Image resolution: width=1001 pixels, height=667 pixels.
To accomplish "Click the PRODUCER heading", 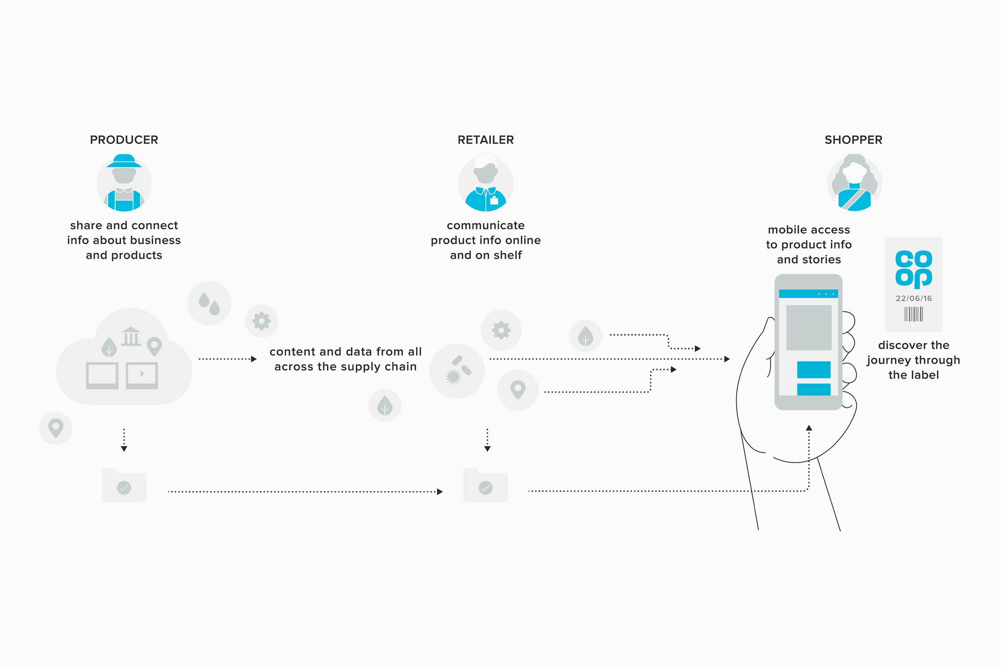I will click(x=124, y=140).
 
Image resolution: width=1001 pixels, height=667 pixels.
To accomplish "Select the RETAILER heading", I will click(x=485, y=140).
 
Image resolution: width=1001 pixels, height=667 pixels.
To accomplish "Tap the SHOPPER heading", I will click(x=853, y=140).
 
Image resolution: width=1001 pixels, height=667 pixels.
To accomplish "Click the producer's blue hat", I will click(x=124, y=161).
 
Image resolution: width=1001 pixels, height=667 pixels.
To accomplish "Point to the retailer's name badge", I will click(x=494, y=200).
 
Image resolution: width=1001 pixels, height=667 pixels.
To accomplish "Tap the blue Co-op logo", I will click(x=913, y=269).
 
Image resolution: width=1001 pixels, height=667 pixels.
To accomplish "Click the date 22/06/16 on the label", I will click(x=913, y=298).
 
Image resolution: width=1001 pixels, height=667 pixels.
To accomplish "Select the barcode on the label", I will click(x=913, y=314).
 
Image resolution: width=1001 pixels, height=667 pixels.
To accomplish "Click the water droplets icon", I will click(x=209, y=303).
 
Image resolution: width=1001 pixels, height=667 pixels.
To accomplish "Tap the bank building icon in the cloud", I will click(x=131, y=337).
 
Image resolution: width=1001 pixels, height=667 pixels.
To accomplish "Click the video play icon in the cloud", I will click(x=142, y=375).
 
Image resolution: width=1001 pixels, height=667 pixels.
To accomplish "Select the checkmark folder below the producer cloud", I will click(x=124, y=485).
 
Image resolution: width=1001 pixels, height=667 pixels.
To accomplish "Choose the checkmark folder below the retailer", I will click(x=485, y=485).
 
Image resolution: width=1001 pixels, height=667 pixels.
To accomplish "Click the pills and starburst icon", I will click(x=457, y=371).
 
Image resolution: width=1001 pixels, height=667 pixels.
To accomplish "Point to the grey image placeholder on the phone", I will click(x=808, y=327).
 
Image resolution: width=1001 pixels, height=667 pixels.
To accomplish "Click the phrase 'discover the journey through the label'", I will click(x=913, y=360).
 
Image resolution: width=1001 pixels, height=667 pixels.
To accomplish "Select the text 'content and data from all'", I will click(x=345, y=352).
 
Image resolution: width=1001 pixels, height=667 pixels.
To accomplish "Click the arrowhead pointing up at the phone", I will click(x=809, y=427).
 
